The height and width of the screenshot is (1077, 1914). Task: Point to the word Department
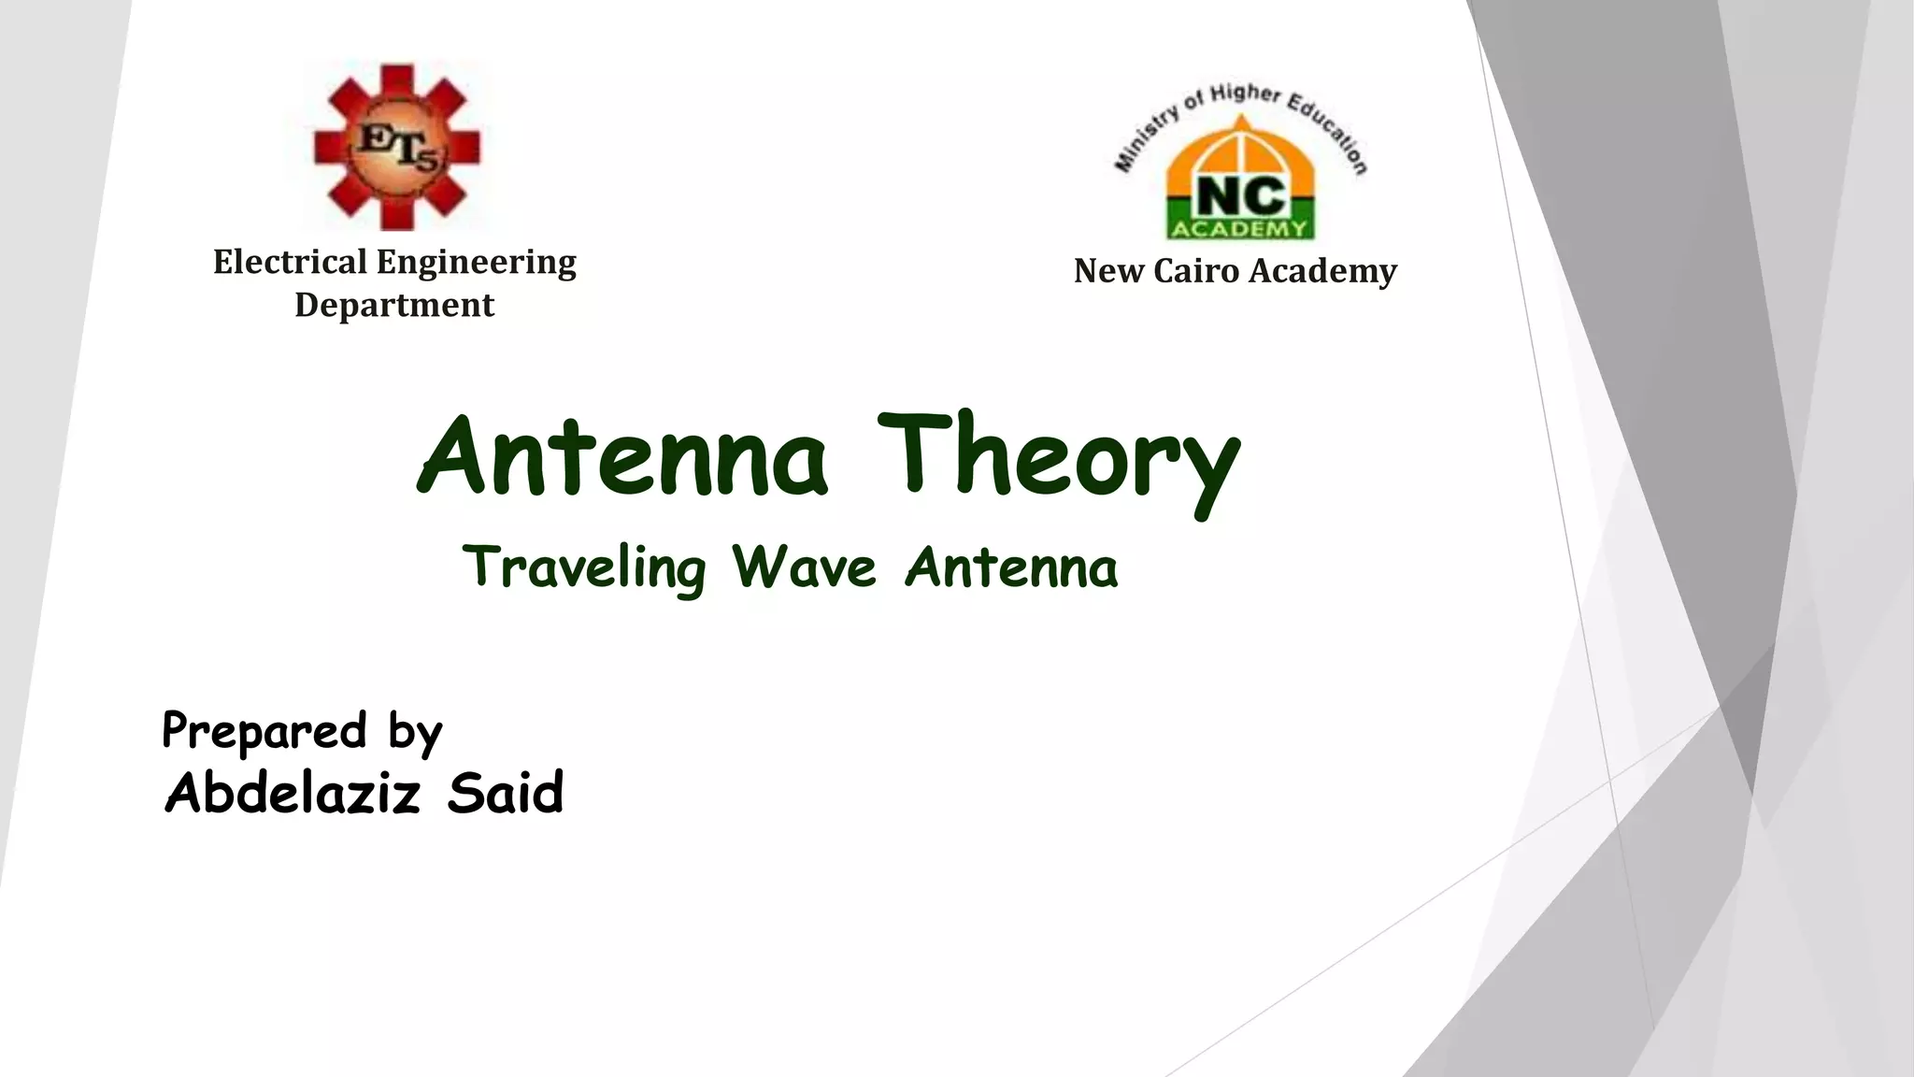pos(394,305)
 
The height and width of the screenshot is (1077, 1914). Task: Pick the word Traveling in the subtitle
pos(584,568)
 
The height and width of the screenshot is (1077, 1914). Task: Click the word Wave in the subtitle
pos(804,567)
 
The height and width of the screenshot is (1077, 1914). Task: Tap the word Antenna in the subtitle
pos(1011,568)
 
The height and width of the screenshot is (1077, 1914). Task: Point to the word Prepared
pos(264,731)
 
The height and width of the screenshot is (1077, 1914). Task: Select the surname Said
pos(505,793)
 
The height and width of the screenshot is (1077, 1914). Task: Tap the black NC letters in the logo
pos(1239,197)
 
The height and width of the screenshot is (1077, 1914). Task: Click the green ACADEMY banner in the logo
pos(1239,229)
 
